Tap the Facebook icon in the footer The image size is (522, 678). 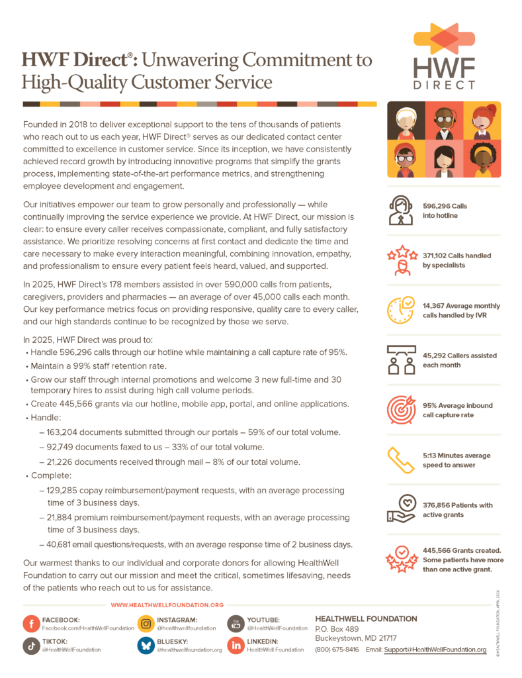pos(30,624)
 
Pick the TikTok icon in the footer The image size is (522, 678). pos(30,646)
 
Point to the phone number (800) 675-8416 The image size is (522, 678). pos(337,650)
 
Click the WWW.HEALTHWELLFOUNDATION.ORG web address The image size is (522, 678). pos(167,605)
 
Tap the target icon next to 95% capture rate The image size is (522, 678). pos(403,409)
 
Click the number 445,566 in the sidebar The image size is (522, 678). pos(440,551)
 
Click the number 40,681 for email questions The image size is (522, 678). pos(64,544)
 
